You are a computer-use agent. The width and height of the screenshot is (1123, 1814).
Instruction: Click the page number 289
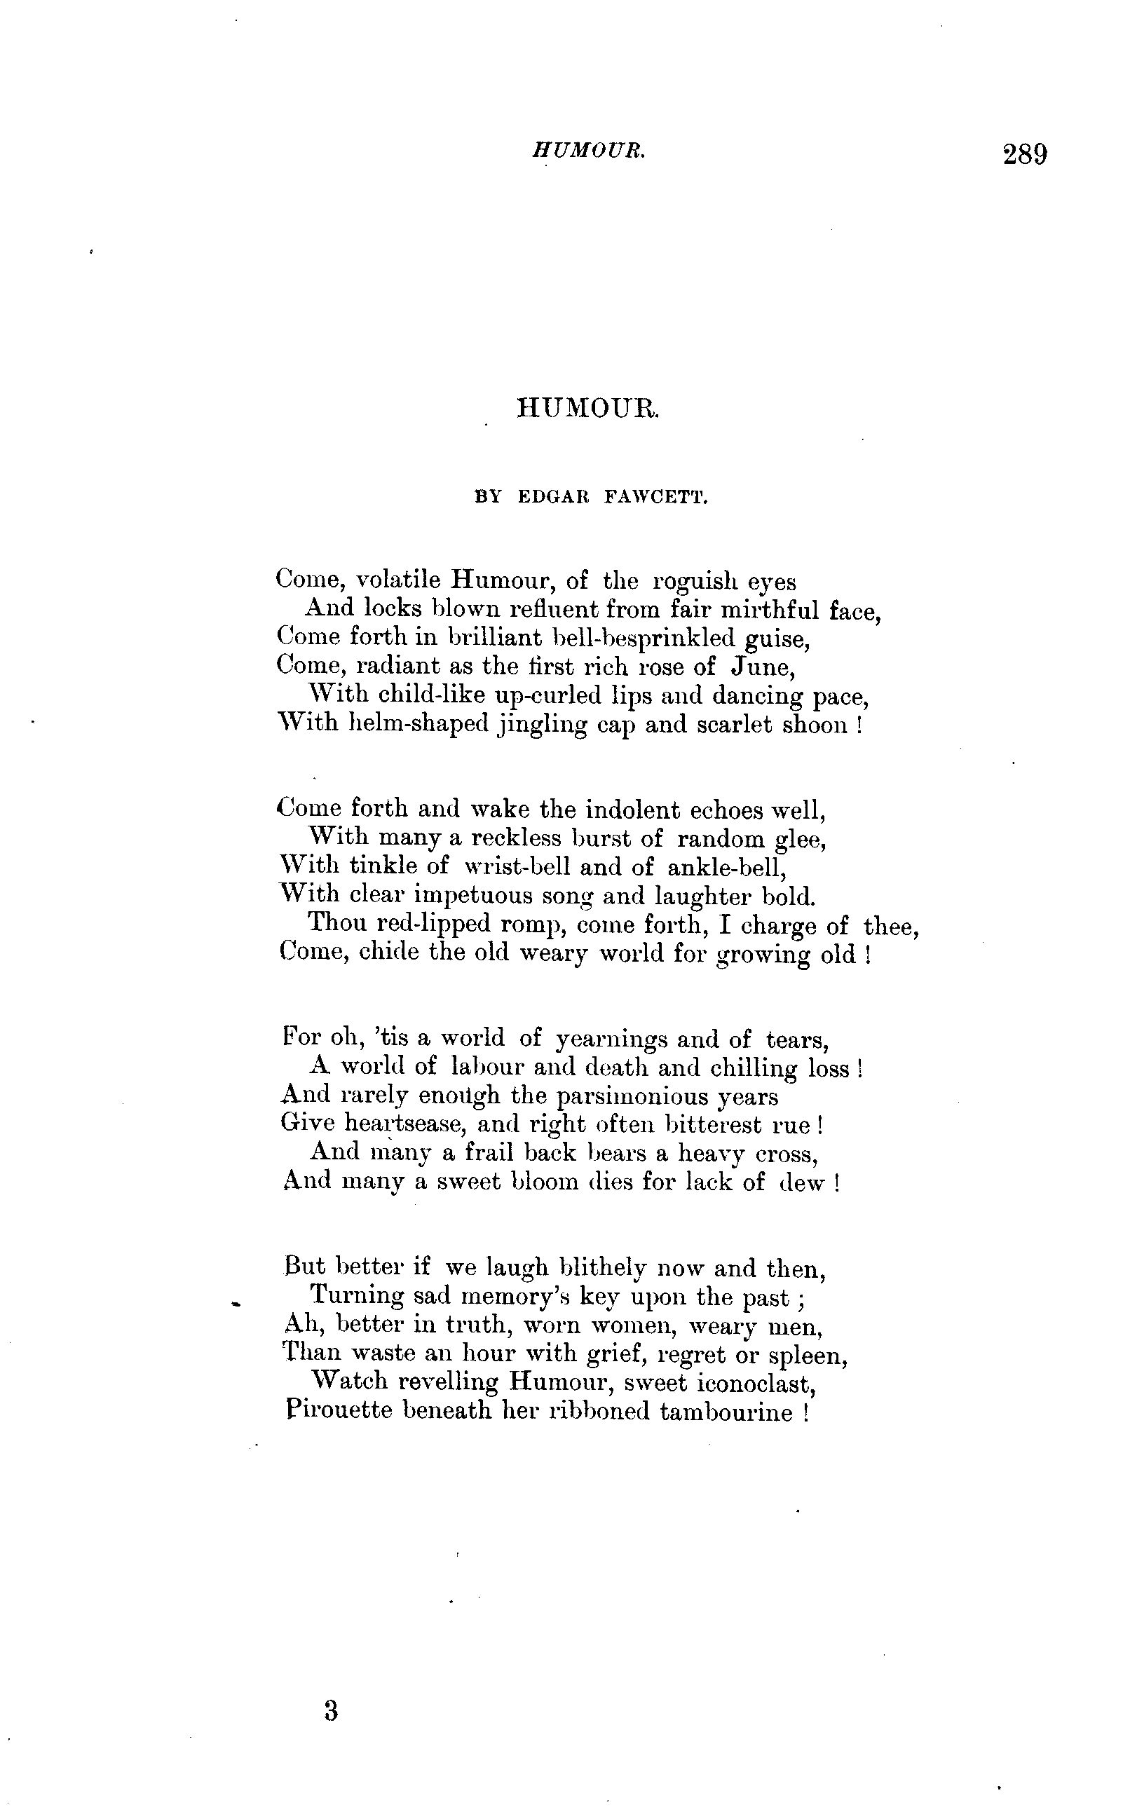point(1024,154)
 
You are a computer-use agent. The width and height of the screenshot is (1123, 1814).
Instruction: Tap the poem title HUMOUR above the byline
point(587,408)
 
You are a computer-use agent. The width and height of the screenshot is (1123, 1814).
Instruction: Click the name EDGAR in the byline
point(552,498)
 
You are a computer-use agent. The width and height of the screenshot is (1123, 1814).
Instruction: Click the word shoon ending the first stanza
point(814,725)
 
